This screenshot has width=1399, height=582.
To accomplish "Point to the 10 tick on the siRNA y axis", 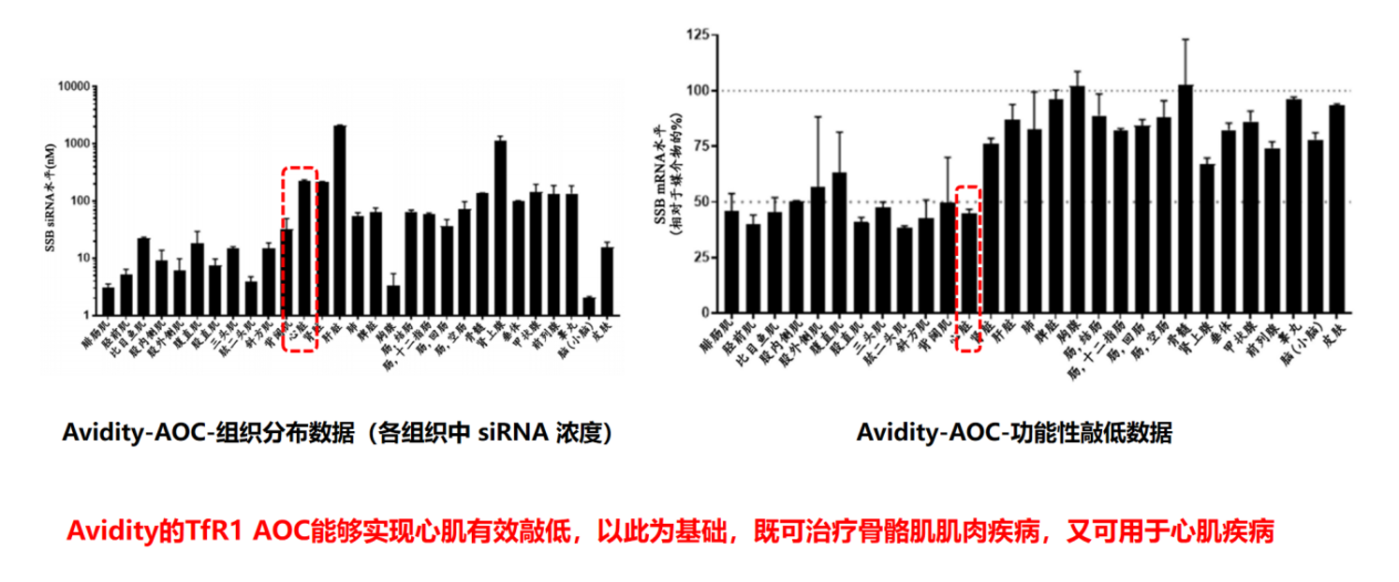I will [x=81, y=258].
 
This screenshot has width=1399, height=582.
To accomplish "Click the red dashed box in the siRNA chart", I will [x=301, y=260].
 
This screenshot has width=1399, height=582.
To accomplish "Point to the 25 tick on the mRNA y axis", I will [x=699, y=257].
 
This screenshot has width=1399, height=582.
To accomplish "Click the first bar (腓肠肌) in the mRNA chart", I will [x=732, y=261].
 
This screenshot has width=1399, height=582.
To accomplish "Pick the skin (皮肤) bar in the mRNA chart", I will [x=1337, y=208].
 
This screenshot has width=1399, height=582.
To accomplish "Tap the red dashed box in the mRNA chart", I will [x=970, y=269].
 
